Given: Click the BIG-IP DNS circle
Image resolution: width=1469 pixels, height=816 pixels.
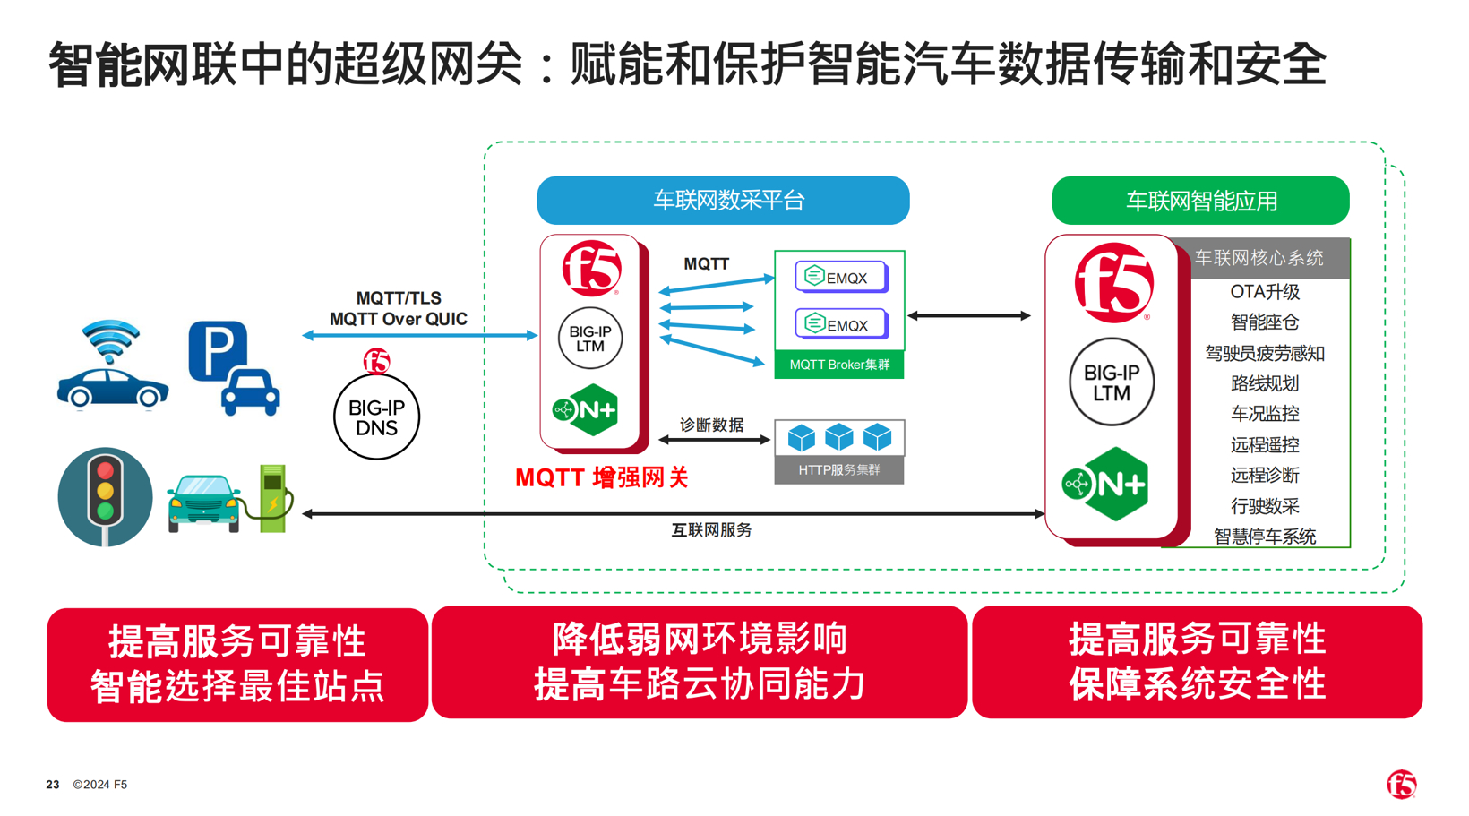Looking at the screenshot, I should (x=376, y=417).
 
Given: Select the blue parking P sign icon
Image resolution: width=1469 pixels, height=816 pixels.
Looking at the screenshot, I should (x=218, y=350).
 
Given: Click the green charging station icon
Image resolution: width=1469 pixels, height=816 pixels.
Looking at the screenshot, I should (x=272, y=498).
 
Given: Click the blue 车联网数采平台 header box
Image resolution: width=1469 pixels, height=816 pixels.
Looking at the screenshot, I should (x=723, y=201).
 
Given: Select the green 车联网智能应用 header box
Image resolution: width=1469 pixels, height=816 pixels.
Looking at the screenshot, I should (x=1200, y=201).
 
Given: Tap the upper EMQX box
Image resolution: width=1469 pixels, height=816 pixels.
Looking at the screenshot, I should (x=840, y=278).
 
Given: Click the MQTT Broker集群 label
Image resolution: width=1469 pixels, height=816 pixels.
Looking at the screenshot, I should (x=839, y=365).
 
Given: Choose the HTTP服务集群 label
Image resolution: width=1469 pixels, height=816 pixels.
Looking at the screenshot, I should (x=839, y=470).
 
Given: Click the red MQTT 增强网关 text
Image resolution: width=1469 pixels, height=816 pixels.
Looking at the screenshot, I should (x=602, y=478).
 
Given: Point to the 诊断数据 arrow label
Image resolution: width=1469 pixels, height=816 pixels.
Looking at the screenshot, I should (x=711, y=425).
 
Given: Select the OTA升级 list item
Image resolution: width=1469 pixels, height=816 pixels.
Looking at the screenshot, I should (x=1264, y=292).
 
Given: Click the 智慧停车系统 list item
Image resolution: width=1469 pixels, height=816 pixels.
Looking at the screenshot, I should (x=1264, y=537).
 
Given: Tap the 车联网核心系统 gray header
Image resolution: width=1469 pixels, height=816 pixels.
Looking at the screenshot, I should (x=1259, y=259).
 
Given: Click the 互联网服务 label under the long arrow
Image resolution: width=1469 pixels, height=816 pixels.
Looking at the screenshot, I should (x=711, y=530).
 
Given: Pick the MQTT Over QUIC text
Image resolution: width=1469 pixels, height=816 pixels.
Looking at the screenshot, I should (x=399, y=320).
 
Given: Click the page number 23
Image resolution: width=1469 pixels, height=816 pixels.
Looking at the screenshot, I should (x=53, y=785).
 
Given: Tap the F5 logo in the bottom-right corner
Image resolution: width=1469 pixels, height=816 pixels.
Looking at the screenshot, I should (x=1402, y=784).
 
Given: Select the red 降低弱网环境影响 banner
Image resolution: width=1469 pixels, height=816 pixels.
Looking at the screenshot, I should (x=700, y=663).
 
